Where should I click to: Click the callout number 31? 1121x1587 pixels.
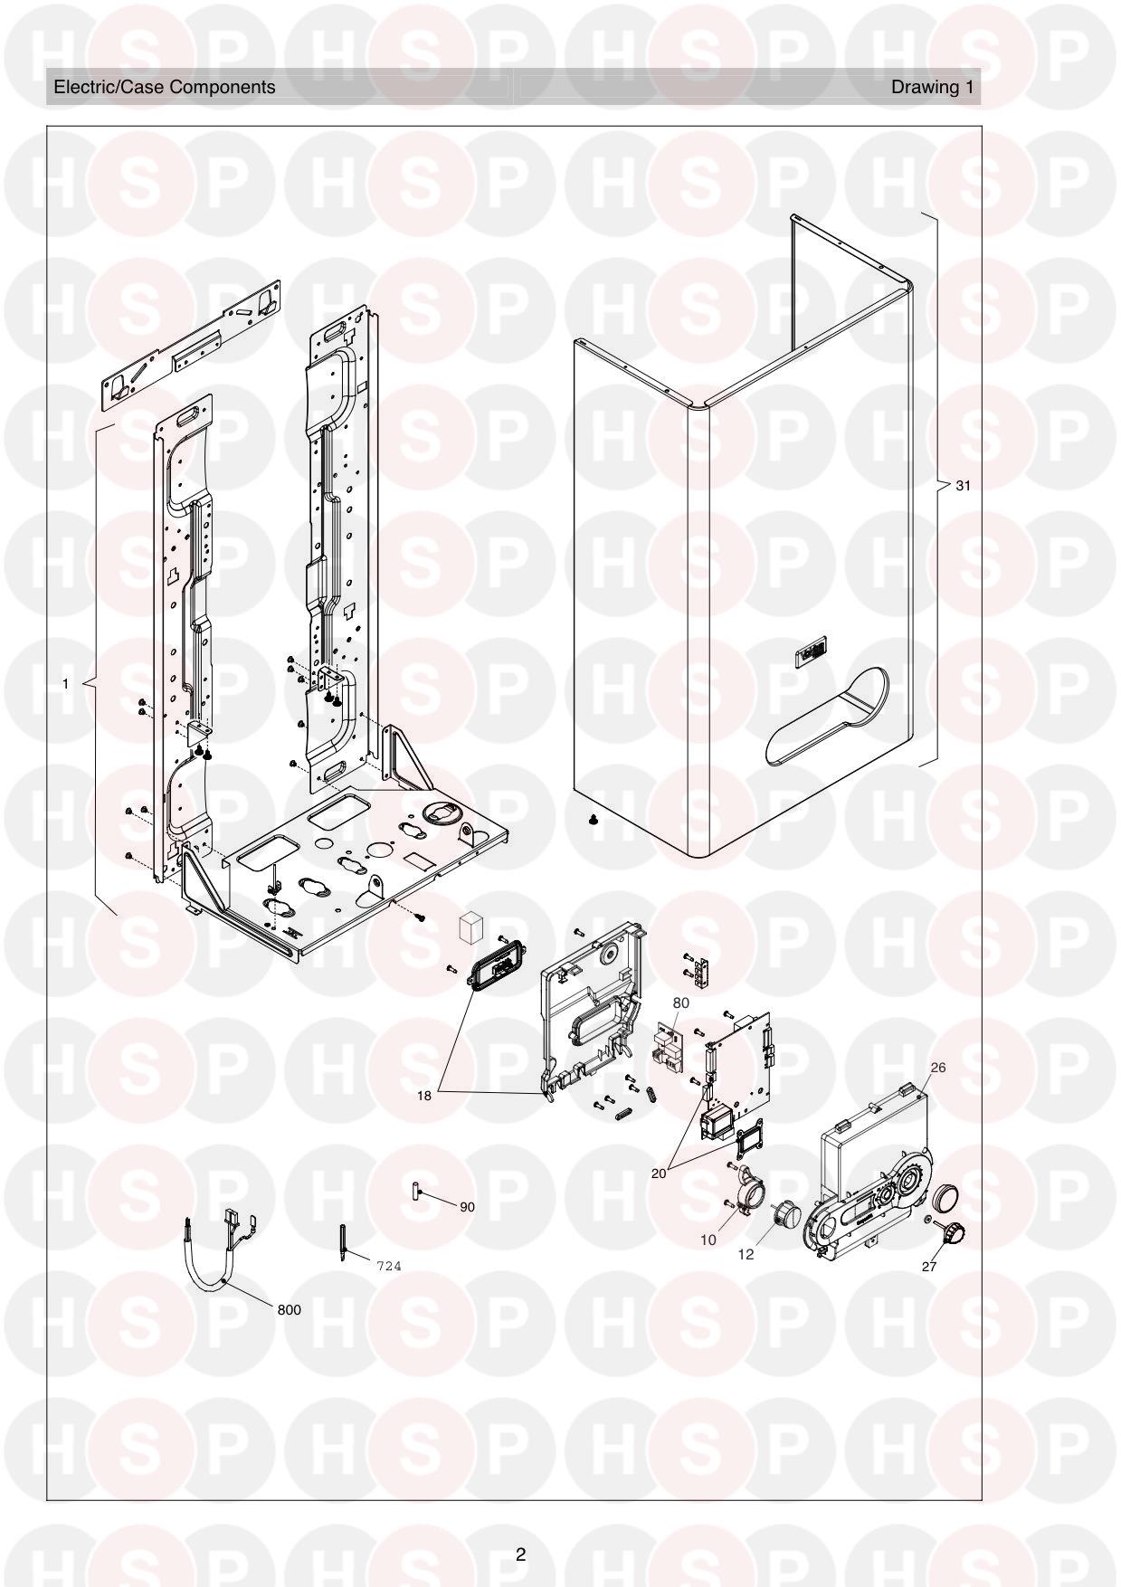click(x=963, y=486)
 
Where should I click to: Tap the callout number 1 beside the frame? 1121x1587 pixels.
click(x=65, y=684)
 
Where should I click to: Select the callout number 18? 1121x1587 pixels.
click(x=424, y=1096)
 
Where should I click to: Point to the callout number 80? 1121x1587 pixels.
click(x=680, y=1003)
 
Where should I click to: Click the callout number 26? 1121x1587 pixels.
click(x=938, y=1068)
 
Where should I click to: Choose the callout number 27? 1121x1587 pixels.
click(x=929, y=1267)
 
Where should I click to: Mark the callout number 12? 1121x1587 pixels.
click(x=746, y=1254)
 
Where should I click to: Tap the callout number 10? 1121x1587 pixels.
click(x=708, y=1240)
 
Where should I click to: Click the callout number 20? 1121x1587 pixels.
click(x=659, y=1173)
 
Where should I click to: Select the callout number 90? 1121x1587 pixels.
click(x=467, y=1207)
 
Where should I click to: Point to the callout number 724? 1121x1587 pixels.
click(x=388, y=1266)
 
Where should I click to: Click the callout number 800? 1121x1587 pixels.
click(x=290, y=1309)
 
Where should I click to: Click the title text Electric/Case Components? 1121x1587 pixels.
click(x=165, y=87)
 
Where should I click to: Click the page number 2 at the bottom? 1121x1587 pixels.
click(x=520, y=1554)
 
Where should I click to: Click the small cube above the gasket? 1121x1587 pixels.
click(x=472, y=927)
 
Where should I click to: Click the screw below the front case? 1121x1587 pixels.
click(x=594, y=820)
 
